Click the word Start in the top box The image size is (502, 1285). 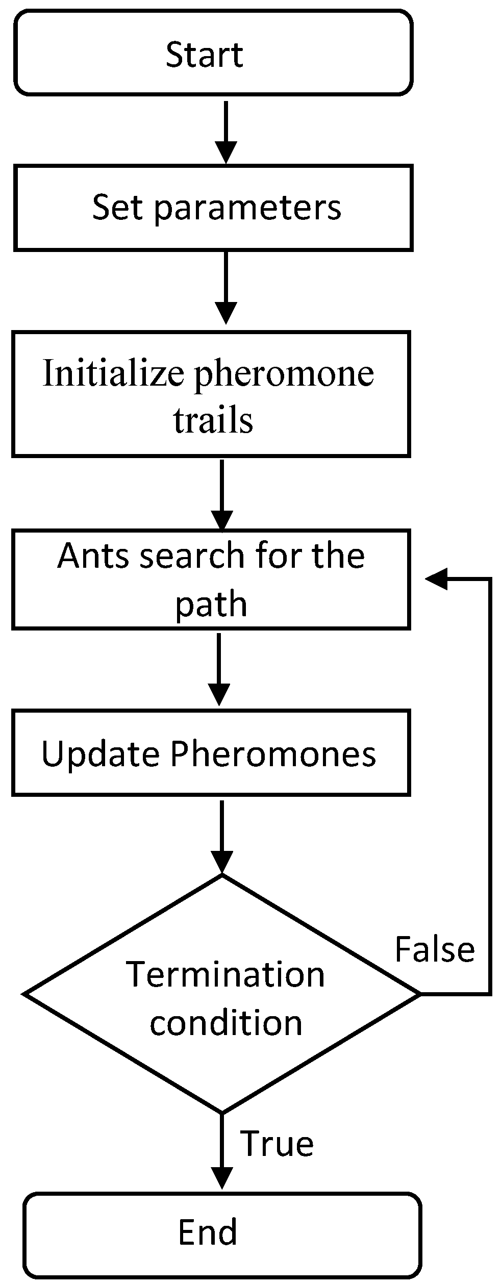pyautogui.click(x=204, y=55)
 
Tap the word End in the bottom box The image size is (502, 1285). pyautogui.click(x=208, y=1231)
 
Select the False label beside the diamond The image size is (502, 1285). pyautogui.click(x=435, y=949)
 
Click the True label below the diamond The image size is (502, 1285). pyautogui.click(x=277, y=1143)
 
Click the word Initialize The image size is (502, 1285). pyautogui.click(x=113, y=373)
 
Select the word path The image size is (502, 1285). pyautogui.click(x=211, y=604)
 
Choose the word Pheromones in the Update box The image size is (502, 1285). pyautogui.click(x=273, y=753)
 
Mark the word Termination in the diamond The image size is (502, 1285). pyautogui.click(x=225, y=974)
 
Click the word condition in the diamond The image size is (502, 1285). pyautogui.click(x=226, y=1022)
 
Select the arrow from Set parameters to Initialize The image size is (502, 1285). pyautogui.click(x=225, y=288)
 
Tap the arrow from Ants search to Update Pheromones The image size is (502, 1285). pyautogui.click(x=219, y=669)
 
